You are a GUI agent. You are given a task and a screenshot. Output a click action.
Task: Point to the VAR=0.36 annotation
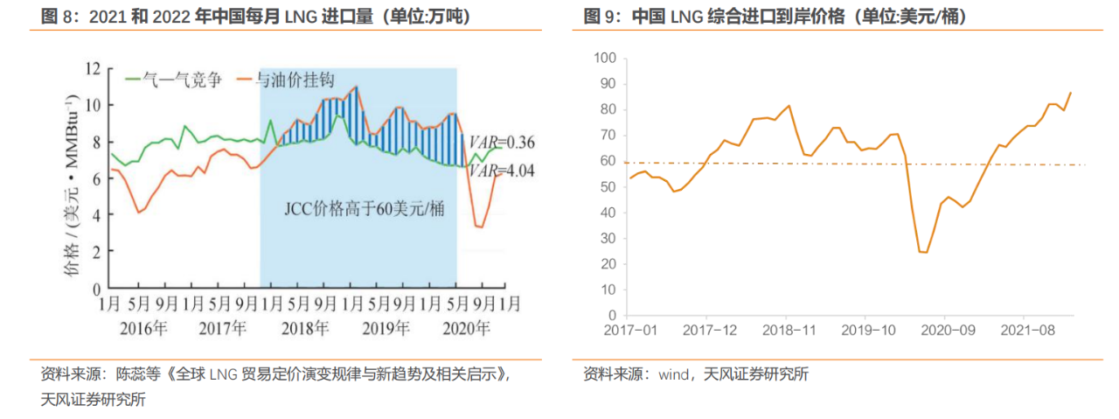tap(502, 143)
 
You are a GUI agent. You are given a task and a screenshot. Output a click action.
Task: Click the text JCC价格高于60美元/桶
tap(359, 210)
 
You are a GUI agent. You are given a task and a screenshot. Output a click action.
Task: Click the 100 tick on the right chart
tap(605, 58)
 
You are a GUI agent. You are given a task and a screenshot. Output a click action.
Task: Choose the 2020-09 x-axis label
tap(945, 331)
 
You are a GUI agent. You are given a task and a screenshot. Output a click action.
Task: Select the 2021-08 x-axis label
tap(1025, 331)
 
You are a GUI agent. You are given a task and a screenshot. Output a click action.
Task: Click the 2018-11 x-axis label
tap(787, 331)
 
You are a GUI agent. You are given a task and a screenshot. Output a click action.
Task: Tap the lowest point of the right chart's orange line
tap(924, 252)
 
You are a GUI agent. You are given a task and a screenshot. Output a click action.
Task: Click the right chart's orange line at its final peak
tap(1071, 92)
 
